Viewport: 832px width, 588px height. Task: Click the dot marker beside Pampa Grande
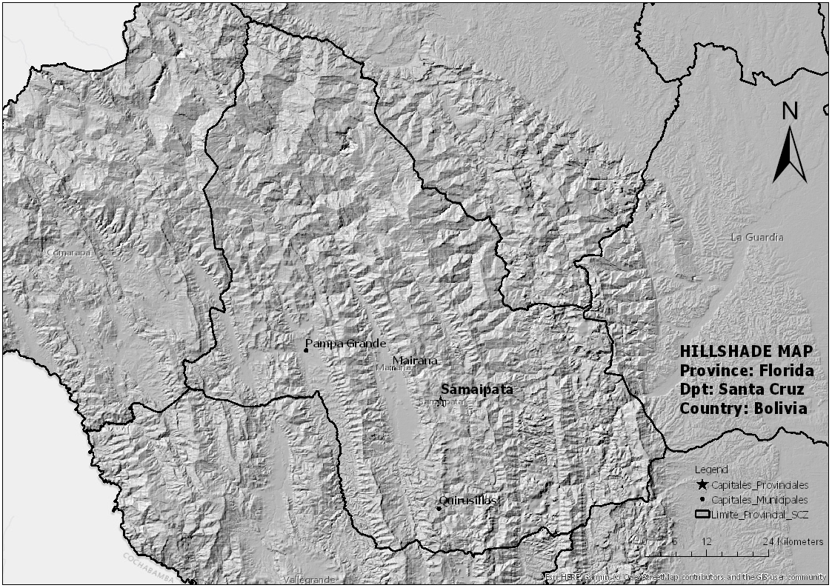coord(305,350)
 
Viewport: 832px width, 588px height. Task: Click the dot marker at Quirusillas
coord(439,508)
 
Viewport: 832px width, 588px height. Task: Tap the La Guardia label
coord(756,237)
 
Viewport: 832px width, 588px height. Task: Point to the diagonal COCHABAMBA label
coord(148,567)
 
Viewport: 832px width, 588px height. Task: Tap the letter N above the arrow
coord(790,111)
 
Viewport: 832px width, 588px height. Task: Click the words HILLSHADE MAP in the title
coord(746,351)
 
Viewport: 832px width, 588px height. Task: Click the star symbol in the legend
coord(702,484)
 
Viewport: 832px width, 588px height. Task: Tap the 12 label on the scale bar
coord(706,541)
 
